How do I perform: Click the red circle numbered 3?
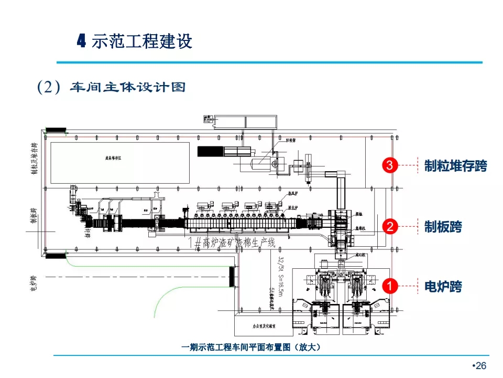click(x=389, y=165)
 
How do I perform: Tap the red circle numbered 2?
click(x=389, y=227)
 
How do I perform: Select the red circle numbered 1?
click(x=389, y=287)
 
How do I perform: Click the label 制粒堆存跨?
click(x=455, y=166)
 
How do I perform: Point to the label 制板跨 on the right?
click(x=443, y=227)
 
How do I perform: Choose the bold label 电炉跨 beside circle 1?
click(x=443, y=287)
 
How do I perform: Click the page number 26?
click(x=480, y=366)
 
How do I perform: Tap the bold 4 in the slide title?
click(x=81, y=40)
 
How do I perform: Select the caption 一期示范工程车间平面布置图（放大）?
click(x=250, y=347)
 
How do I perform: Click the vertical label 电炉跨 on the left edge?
click(x=33, y=283)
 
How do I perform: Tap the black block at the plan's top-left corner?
click(x=54, y=130)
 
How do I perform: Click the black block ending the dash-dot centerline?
click(x=232, y=277)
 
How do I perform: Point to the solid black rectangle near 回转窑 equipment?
click(x=210, y=151)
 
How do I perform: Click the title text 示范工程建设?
click(x=142, y=41)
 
